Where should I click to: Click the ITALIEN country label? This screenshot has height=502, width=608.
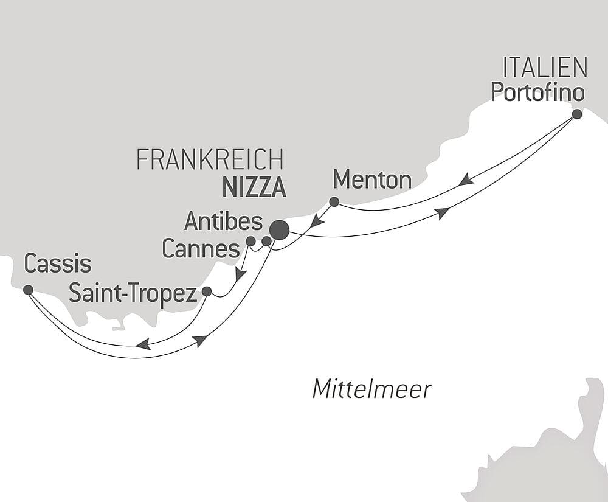pyautogui.click(x=545, y=68)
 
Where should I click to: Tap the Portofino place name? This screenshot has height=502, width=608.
pyautogui.click(x=537, y=92)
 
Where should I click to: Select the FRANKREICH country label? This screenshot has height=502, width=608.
pyautogui.click(x=210, y=160)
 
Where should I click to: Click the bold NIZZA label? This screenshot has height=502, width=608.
pyautogui.click(x=254, y=188)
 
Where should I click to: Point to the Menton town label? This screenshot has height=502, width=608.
pyautogui.click(x=372, y=180)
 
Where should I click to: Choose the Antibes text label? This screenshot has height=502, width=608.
pyautogui.click(x=223, y=221)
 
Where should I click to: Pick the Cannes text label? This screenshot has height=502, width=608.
pyautogui.click(x=201, y=249)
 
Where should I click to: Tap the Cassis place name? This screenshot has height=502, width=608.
pyautogui.click(x=57, y=264)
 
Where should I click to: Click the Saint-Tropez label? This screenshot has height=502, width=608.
pyautogui.click(x=133, y=293)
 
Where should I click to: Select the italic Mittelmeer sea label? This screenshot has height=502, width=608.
pyautogui.click(x=371, y=389)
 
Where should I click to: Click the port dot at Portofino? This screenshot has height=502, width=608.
pyautogui.click(x=577, y=114)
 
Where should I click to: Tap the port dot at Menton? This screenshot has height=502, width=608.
pyautogui.click(x=334, y=201)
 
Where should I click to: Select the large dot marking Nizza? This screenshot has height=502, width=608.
pyautogui.click(x=280, y=230)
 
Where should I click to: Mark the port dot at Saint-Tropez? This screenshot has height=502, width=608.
pyautogui.click(x=207, y=291)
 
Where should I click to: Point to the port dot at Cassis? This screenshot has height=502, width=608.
pyautogui.click(x=28, y=290)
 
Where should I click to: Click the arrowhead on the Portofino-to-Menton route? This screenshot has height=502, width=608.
pyautogui.click(x=466, y=180)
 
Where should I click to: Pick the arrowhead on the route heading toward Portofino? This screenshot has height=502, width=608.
pyautogui.click(x=442, y=212)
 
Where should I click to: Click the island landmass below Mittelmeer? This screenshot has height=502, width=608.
pyautogui.click(x=547, y=450)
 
